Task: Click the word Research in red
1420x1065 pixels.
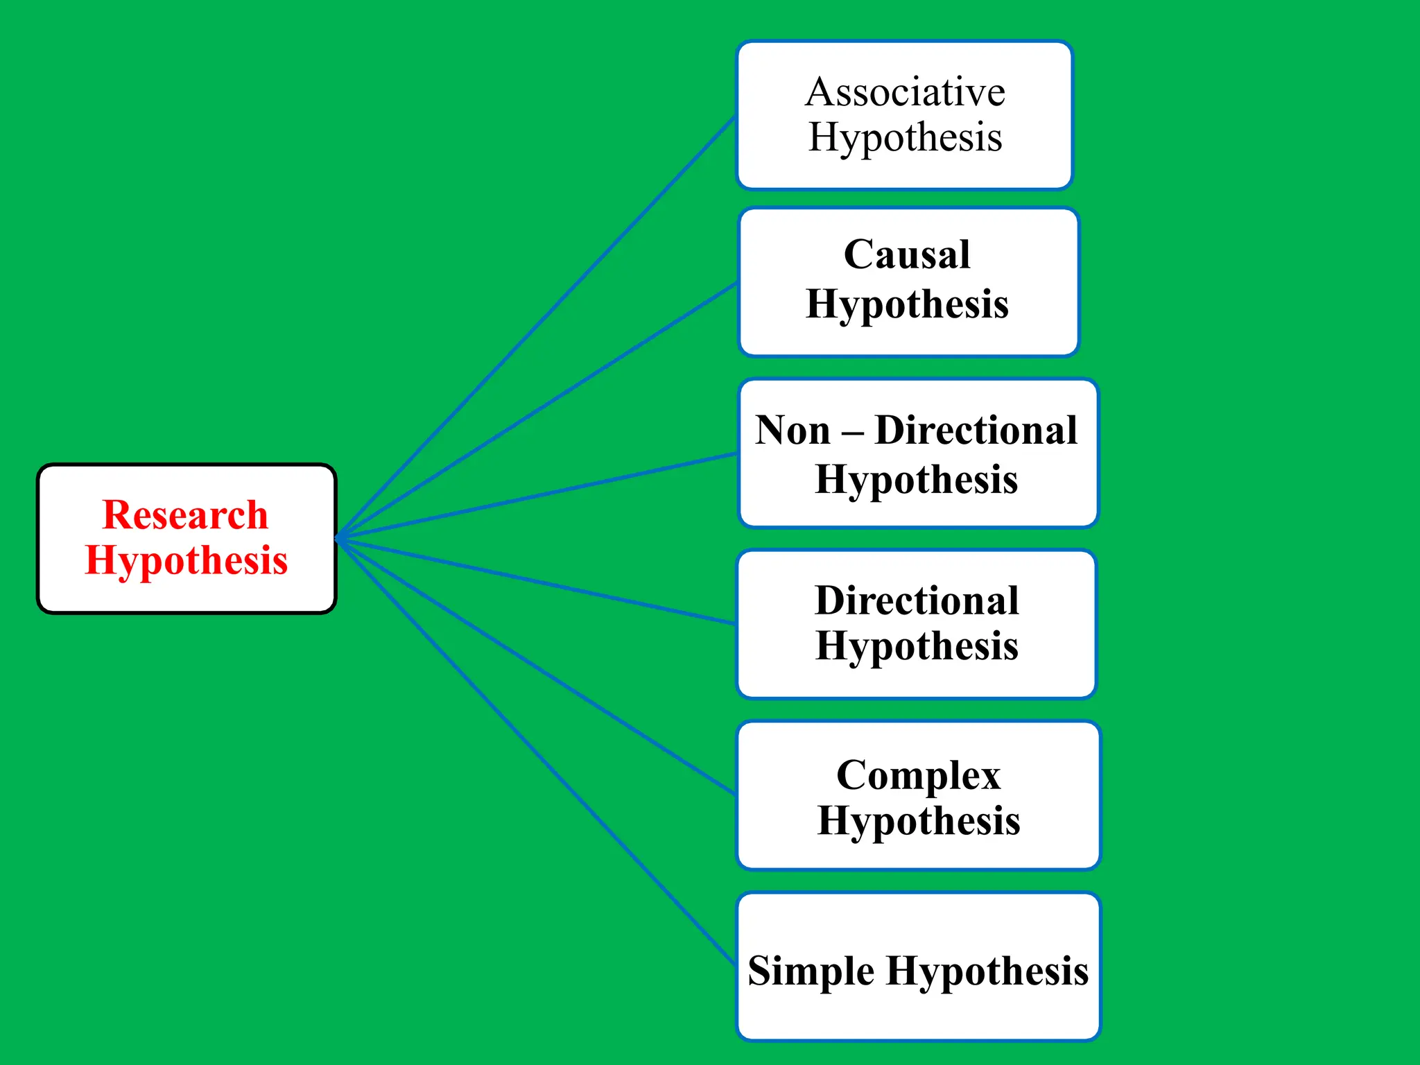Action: (x=185, y=514)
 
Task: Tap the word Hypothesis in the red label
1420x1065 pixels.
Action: (x=186, y=560)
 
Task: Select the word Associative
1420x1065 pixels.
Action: (x=905, y=92)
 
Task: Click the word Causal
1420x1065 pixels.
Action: (x=907, y=254)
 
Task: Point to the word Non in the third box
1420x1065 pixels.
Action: (x=793, y=430)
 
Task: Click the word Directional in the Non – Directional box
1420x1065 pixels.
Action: (x=976, y=430)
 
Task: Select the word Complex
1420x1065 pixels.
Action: (x=918, y=774)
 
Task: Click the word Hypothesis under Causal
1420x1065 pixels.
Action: (x=907, y=304)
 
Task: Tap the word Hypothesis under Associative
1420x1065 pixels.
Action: (x=905, y=137)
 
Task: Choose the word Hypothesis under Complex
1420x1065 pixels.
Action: (x=918, y=821)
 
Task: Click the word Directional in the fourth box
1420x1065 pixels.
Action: (x=917, y=600)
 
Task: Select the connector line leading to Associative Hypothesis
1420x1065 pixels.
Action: (x=537, y=326)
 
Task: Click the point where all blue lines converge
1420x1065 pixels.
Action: (x=338, y=538)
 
